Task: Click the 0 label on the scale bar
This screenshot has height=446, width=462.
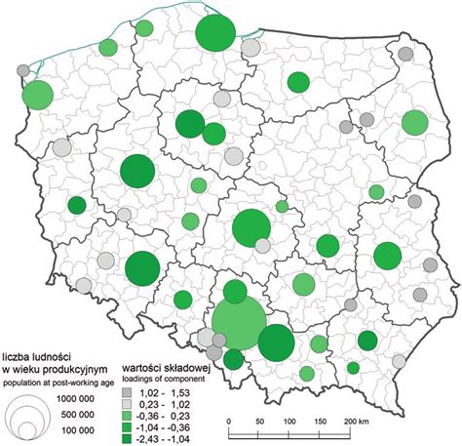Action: pyautogui.click(x=228, y=421)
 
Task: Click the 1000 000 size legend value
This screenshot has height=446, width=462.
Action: pyautogui.click(x=88, y=400)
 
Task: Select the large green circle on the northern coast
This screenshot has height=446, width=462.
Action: pyautogui.click(x=216, y=36)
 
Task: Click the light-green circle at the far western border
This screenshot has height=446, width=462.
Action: pyautogui.click(x=37, y=95)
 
